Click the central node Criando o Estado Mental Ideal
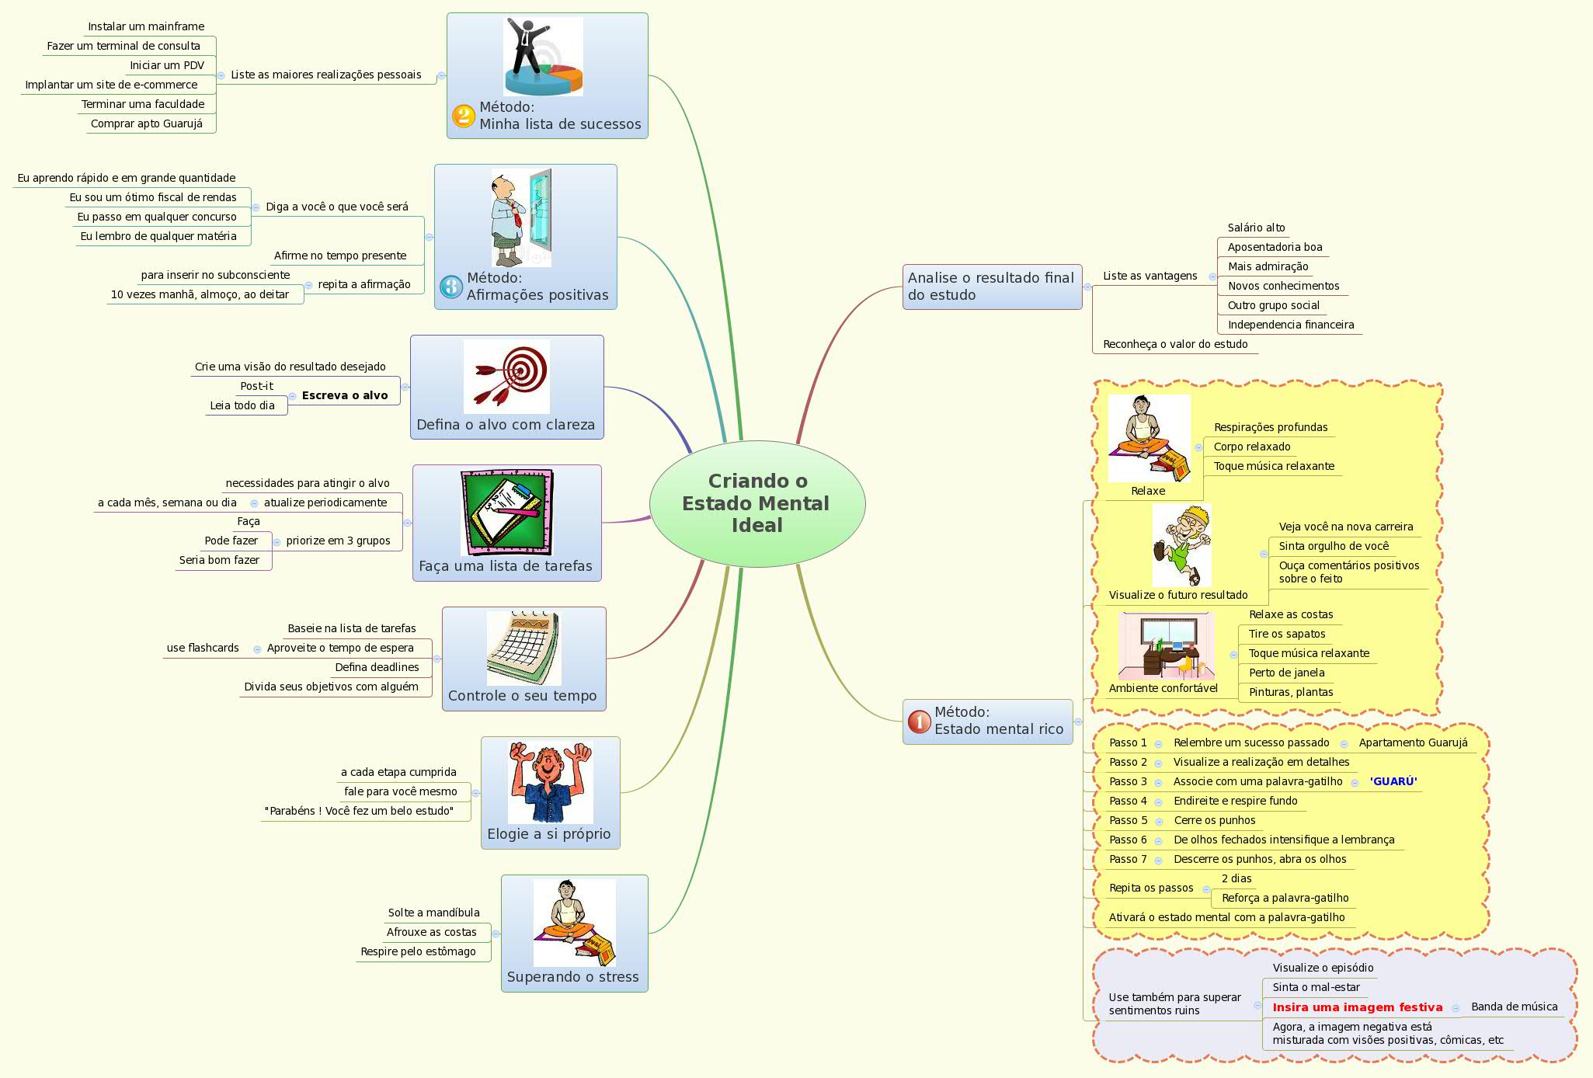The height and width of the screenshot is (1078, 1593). pyautogui.click(x=757, y=503)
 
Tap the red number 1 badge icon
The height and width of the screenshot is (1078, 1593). pyautogui.click(x=919, y=722)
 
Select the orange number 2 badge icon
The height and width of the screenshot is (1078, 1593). pyautogui.click(x=464, y=116)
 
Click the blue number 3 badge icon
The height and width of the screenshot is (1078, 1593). pyautogui.click(x=451, y=287)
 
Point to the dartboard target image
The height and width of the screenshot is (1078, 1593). pyautogui.click(x=506, y=376)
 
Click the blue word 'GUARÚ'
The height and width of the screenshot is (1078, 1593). pyautogui.click(x=1393, y=781)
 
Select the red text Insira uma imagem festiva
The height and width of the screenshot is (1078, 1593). pyautogui.click(x=1357, y=1007)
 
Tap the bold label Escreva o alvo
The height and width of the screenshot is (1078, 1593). pyautogui.click(x=345, y=395)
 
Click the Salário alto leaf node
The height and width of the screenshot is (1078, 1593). pyautogui.click(x=1256, y=228)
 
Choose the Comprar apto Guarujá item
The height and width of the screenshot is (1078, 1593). pyautogui.click(x=146, y=123)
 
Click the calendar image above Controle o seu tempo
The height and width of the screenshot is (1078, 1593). pyautogui.click(x=523, y=648)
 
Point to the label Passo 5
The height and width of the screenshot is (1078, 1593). pyautogui.click(x=1128, y=820)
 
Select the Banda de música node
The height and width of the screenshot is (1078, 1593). pyautogui.click(x=1514, y=1007)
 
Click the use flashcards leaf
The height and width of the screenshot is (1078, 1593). pyautogui.click(x=203, y=648)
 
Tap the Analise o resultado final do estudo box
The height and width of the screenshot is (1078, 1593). pyautogui.click(x=991, y=287)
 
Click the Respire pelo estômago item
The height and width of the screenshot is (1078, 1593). pyautogui.click(x=418, y=951)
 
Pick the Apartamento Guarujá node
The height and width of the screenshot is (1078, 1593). pyautogui.click(x=1413, y=742)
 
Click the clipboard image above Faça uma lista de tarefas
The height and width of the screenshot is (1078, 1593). pyautogui.click(x=506, y=512)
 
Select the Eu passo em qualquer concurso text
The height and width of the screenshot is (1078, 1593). pyautogui.click(x=157, y=217)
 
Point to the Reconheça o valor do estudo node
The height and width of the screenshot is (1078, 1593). pyautogui.click(x=1175, y=344)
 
